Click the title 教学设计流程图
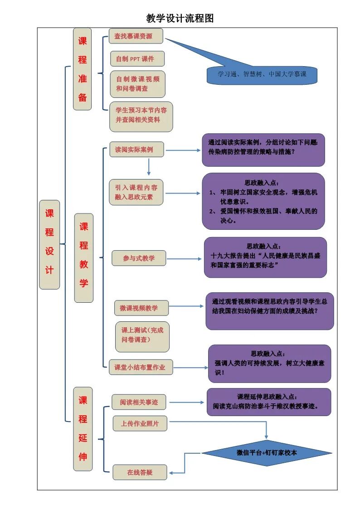point(180,18)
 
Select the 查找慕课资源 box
point(136,36)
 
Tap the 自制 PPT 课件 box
point(137,59)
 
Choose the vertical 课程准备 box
point(83,69)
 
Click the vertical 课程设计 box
point(49,244)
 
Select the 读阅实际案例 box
point(136,150)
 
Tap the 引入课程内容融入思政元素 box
point(136,192)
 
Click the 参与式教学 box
point(139,258)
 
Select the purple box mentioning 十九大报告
point(265,257)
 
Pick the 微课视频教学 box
point(141,308)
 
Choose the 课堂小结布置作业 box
point(141,367)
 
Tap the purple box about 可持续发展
point(269,363)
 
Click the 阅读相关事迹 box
point(139,402)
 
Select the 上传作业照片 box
point(140,424)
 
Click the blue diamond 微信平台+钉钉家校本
point(267,453)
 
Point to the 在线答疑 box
point(140,472)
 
